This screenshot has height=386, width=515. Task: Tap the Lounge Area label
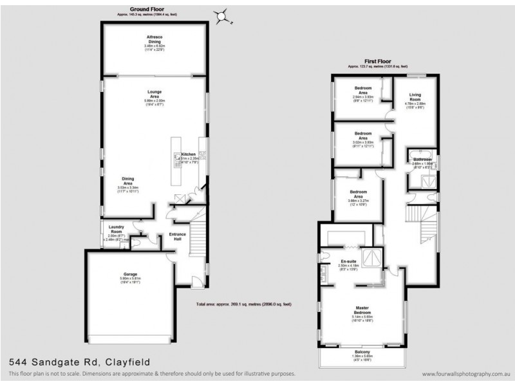(154, 94)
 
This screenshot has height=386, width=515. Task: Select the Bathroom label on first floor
(423, 159)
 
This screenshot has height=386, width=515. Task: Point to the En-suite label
(348, 261)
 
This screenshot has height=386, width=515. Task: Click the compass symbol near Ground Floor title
(222, 15)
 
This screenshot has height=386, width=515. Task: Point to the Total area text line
(243, 304)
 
